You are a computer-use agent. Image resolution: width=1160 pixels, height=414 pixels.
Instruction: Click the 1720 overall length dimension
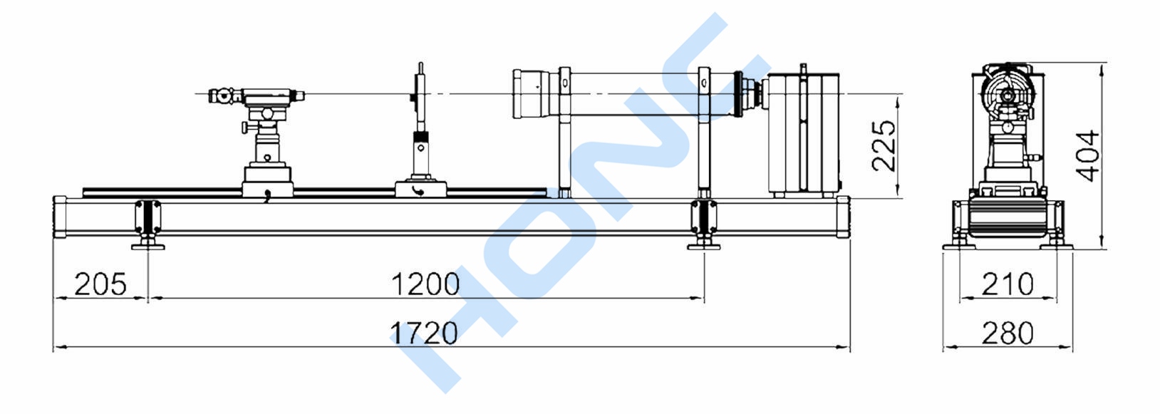coord(424,333)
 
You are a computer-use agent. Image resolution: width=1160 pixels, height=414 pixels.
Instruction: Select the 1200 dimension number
coord(425,284)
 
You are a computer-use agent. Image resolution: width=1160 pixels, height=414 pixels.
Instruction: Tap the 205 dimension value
coord(100,284)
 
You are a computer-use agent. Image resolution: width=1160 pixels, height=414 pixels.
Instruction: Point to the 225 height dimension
coord(884,146)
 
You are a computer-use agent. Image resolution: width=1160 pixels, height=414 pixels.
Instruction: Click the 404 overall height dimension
coord(1087,156)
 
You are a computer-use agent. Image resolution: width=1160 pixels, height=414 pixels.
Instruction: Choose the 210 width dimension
coord(1008,284)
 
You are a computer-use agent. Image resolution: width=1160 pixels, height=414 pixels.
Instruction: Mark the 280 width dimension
coord(1008,333)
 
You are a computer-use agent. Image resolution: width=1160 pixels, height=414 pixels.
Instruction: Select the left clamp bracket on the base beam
coord(147,217)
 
